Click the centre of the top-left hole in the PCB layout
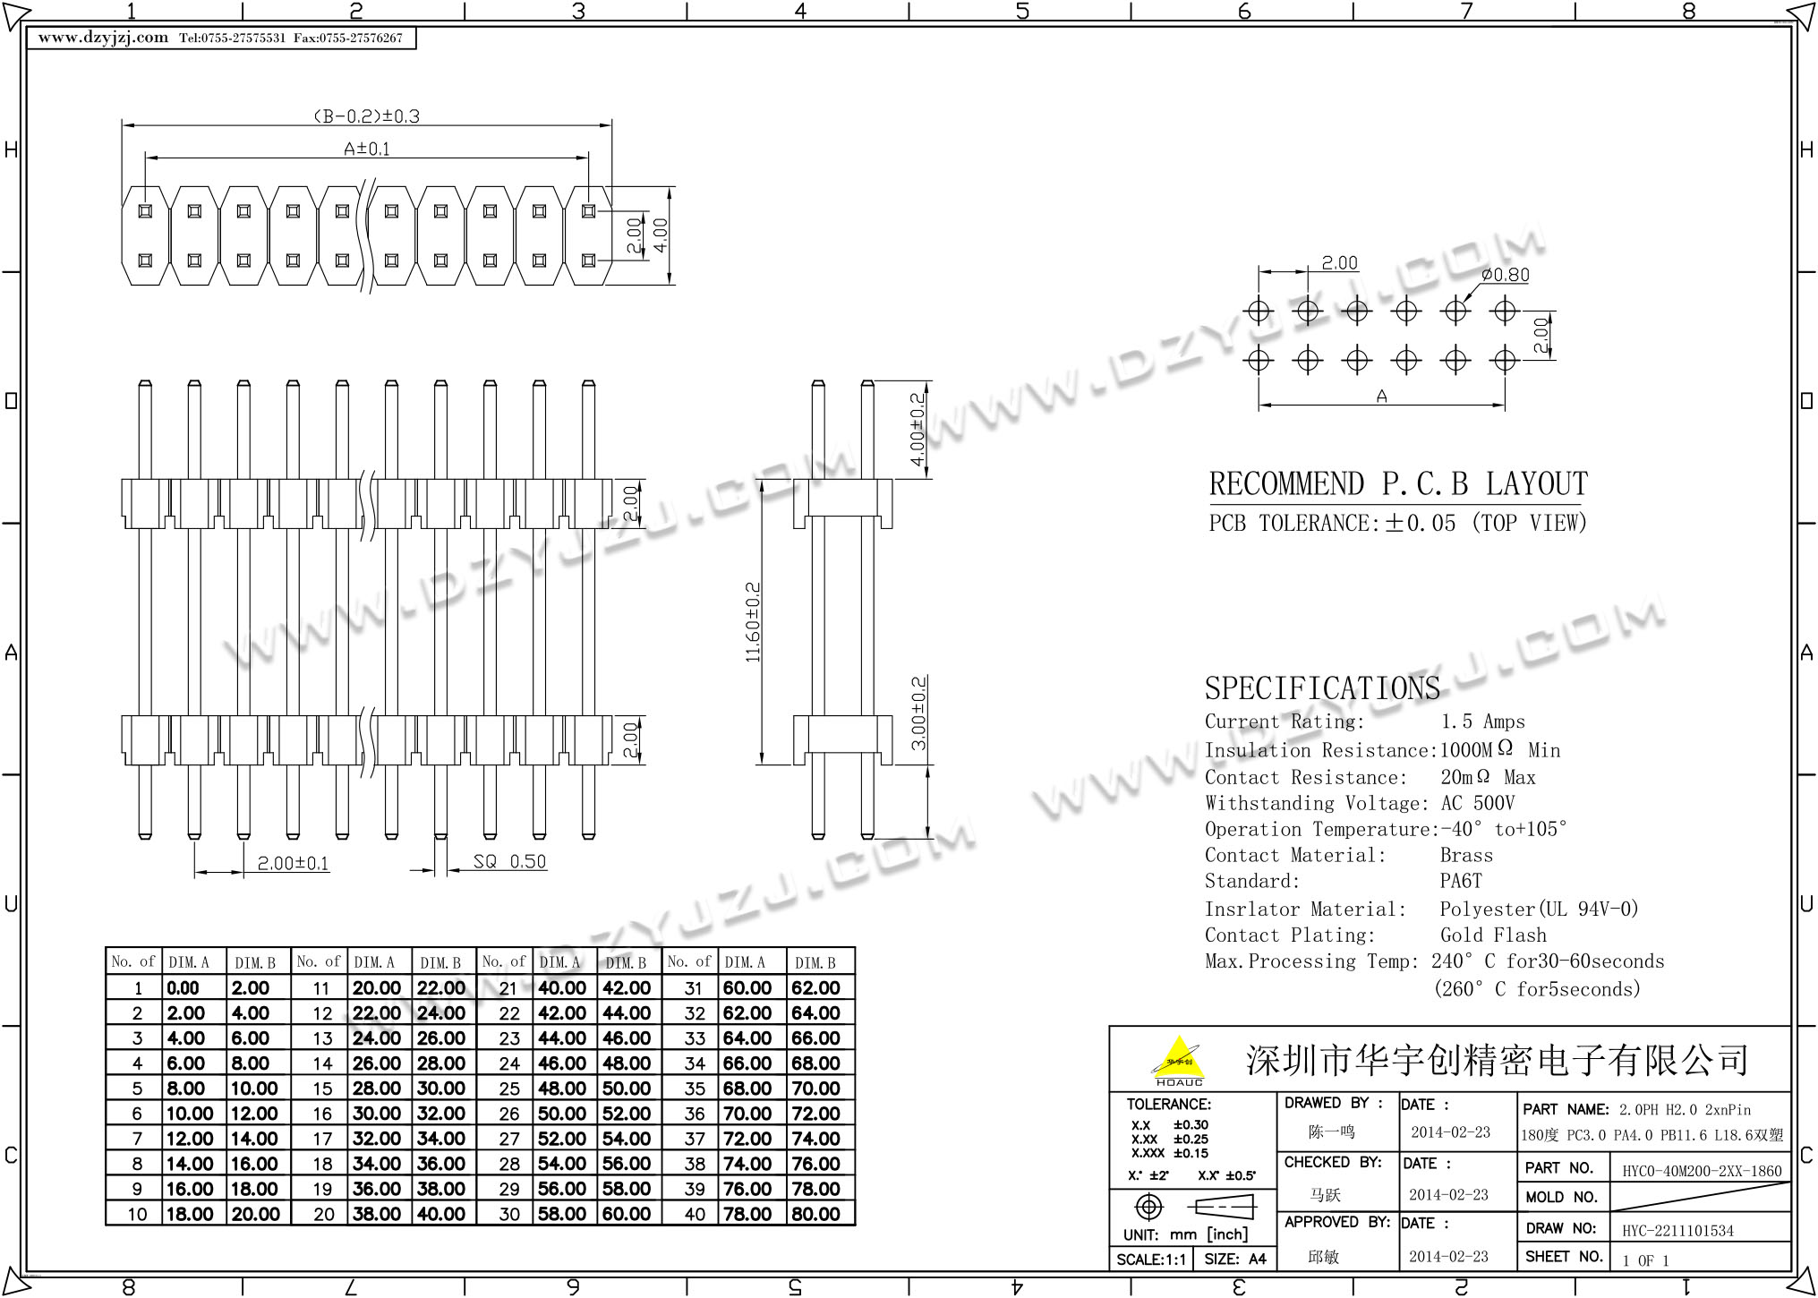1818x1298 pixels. tap(1259, 312)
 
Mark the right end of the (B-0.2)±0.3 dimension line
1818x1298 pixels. tap(612, 125)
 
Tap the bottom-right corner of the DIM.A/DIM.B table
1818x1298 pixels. tap(855, 1225)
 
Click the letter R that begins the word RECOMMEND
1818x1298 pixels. tap(1218, 484)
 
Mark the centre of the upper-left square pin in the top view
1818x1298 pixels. tap(145, 212)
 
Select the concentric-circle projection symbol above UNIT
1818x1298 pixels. tap(1148, 1208)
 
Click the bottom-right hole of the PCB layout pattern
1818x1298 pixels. tap(1506, 360)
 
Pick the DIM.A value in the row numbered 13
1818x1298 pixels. tap(376, 1038)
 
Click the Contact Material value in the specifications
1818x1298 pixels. tap(1466, 856)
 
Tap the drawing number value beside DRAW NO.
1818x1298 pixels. tap(1677, 1231)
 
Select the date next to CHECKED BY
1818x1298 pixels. tap(1448, 1195)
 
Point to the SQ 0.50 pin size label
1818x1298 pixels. tap(509, 861)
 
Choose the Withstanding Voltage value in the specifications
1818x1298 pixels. tap(1477, 803)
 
